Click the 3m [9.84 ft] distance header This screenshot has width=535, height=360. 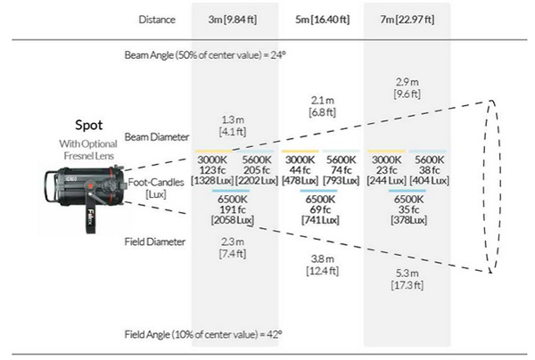233,20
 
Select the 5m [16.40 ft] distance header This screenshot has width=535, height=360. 323,20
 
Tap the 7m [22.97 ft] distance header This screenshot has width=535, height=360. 407,20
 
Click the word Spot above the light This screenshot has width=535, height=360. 88,125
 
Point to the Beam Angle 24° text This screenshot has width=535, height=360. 205,55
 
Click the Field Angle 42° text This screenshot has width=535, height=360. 203,334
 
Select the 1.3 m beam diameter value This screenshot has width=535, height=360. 233,119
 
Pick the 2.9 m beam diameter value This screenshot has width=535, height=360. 407,82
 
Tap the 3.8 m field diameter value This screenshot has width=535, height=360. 323,258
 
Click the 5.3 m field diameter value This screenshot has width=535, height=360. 407,273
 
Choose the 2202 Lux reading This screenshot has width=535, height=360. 257,180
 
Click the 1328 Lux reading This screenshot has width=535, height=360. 212,180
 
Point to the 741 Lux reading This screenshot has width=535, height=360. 320,220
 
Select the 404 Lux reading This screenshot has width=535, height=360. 429,180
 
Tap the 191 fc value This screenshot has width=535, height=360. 233,209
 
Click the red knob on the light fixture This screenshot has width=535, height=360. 90,186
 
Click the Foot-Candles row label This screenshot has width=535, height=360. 156,183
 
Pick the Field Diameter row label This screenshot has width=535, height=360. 155,241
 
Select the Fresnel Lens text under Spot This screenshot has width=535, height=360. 89,156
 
